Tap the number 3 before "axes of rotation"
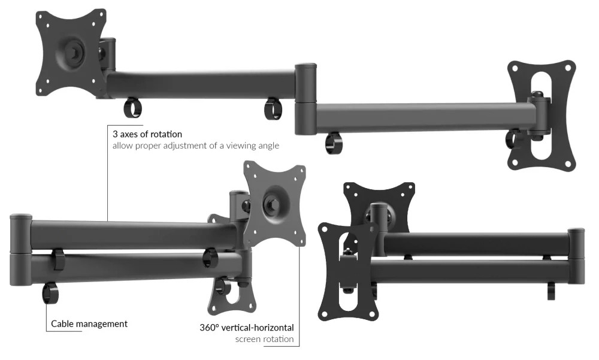point(114,134)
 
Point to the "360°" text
point(209,328)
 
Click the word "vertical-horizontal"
point(258,328)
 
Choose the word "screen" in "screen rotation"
point(248,339)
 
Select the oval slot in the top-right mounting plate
point(541,114)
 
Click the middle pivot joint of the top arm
point(305,99)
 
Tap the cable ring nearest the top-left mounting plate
point(132,108)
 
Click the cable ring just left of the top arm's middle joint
point(274,108)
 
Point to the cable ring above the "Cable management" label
point(50,294)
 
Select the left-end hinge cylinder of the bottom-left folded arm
point(21,250)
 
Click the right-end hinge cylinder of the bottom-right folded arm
point(576,256)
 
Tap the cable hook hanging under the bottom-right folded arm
point(551,291)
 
